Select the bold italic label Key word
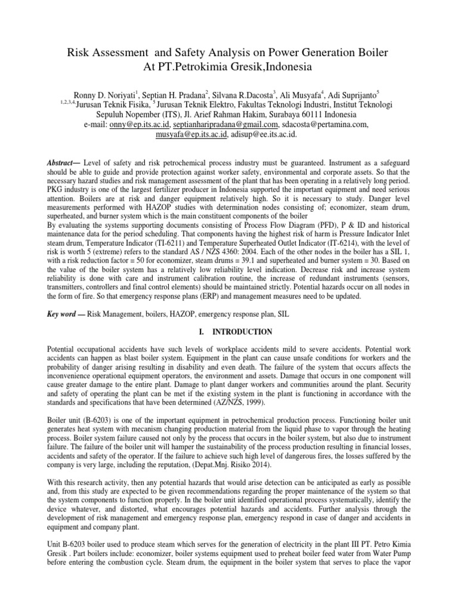click(64, 313)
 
